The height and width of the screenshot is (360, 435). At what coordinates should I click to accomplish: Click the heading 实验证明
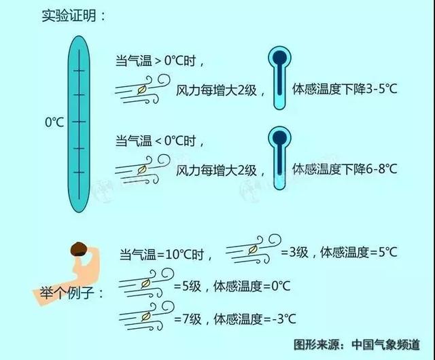point(69,16)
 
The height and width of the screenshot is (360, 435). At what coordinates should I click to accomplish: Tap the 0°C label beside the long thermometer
point(54,122)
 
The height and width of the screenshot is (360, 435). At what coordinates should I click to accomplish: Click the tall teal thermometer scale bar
point(79,124)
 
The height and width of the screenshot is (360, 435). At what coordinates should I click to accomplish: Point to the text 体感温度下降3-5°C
point(345,89)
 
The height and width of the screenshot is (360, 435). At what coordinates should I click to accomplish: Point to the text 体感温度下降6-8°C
point(345,169)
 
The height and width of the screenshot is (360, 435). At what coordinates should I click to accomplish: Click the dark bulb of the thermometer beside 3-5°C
point(279,58)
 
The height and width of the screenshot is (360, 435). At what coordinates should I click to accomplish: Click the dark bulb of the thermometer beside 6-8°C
point(279,138)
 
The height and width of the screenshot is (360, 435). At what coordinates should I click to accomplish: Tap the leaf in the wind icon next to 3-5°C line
point(142,90)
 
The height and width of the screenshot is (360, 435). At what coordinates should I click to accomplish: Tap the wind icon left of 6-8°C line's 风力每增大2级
point(143,169)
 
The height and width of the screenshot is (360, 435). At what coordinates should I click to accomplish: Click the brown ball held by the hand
point(79,249)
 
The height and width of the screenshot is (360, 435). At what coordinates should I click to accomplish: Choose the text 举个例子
point(67,293)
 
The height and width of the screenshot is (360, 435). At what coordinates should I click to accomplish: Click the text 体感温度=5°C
point(359,252)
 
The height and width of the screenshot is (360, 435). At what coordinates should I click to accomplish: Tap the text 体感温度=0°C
point(252,286)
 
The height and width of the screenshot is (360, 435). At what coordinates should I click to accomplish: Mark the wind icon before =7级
point(146,316)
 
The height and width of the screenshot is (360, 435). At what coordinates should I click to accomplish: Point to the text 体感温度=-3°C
point(255,319)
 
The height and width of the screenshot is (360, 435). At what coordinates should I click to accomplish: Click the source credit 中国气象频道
point(385,345)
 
